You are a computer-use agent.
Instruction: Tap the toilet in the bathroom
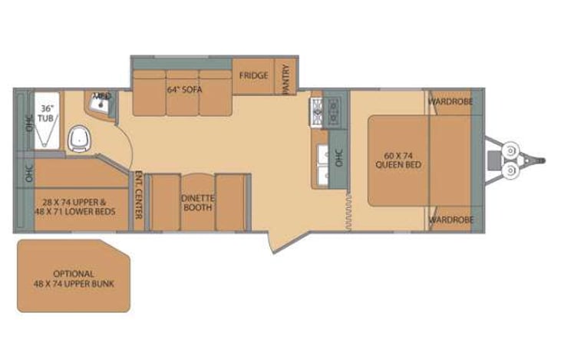click(x=79, y=139)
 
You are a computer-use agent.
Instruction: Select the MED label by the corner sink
click(x=102, y=97)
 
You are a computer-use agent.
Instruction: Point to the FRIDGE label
click(x=253, y=76)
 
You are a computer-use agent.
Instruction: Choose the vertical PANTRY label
click(x=285, y=79)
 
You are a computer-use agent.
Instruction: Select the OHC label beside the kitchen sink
click(x=338, y=157)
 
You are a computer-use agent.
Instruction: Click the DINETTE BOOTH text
click(x=197, y=202)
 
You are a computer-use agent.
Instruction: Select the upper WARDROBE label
click(x=450, y=101)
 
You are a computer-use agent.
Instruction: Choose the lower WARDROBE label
click(x=450, y=220)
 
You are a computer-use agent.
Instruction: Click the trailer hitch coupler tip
click(x=542, y=161)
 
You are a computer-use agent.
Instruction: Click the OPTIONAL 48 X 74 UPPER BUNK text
click(x=74, y=279)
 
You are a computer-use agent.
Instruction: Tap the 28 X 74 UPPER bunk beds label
click(x=74, y=201)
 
